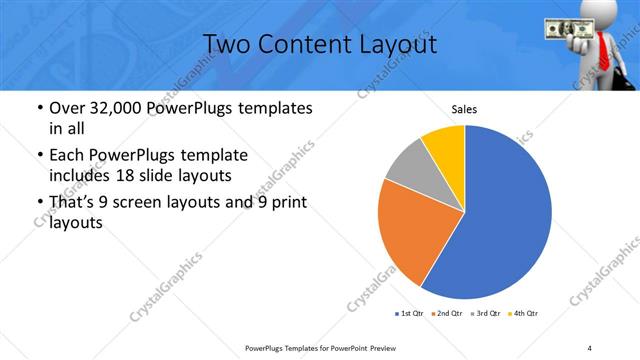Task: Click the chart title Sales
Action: click(x=465, y=109)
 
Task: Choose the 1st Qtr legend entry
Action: click(x=409, y=314)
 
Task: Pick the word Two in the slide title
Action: click(x=225, y=44)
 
